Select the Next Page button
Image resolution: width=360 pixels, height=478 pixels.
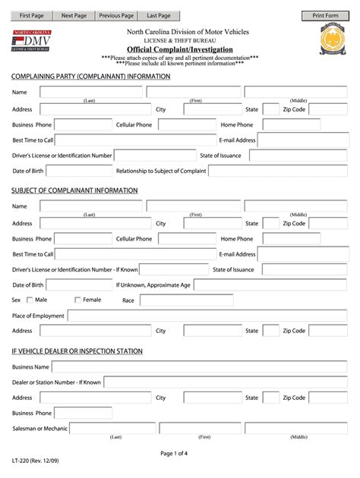point(74,15)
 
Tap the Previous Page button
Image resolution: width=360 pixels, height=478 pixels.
point(116,15)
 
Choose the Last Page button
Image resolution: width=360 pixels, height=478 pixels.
point(159,15)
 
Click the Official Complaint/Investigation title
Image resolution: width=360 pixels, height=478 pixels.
point(180,49)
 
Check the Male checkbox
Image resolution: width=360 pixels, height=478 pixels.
point(29,300)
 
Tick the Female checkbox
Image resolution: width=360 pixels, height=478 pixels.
point(77,300)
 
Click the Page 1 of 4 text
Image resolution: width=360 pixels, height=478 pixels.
point(179,454)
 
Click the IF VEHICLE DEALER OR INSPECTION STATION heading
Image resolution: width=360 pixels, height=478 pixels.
point(77,351)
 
